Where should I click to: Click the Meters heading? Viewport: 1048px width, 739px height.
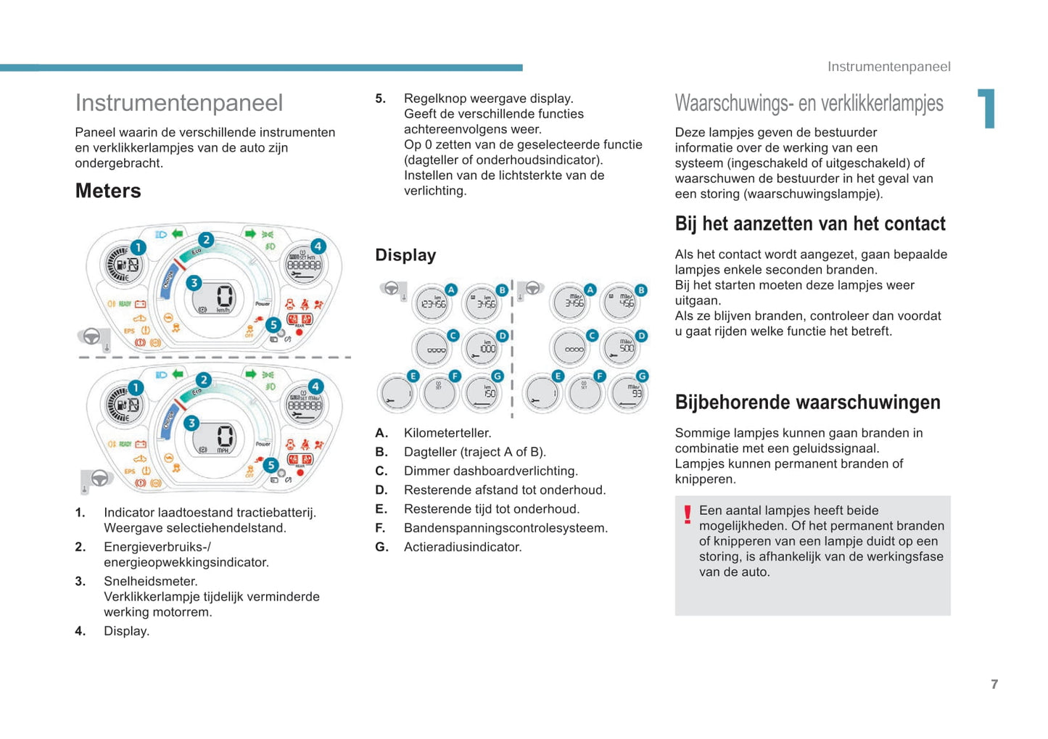[x=108, y=191]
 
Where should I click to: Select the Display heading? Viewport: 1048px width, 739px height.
[x=405, y=255]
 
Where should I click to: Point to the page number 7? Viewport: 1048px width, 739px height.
[x=994, y=684]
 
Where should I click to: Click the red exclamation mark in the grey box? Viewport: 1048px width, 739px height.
[x=687, y=514]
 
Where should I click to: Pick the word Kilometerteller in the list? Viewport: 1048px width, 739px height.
[x=447, y=433]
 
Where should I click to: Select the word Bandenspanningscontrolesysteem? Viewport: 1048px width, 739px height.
[x=506, y=528]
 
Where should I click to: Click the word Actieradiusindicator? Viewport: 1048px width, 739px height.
[x=463, y=547]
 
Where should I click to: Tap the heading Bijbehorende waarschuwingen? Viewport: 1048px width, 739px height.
[x=807, y=402]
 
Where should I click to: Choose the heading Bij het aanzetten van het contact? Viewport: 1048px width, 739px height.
[x=810, y=223]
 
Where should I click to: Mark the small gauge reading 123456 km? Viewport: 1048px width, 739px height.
[x=433, y=303]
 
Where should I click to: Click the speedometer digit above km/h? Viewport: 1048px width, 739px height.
[x=225, y=296]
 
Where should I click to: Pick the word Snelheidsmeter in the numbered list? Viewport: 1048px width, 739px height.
[x=150, y=581]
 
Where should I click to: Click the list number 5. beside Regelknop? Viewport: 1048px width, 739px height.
[x=380, y=99]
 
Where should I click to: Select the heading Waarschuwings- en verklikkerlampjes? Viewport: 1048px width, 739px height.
[x=809, y=103]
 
